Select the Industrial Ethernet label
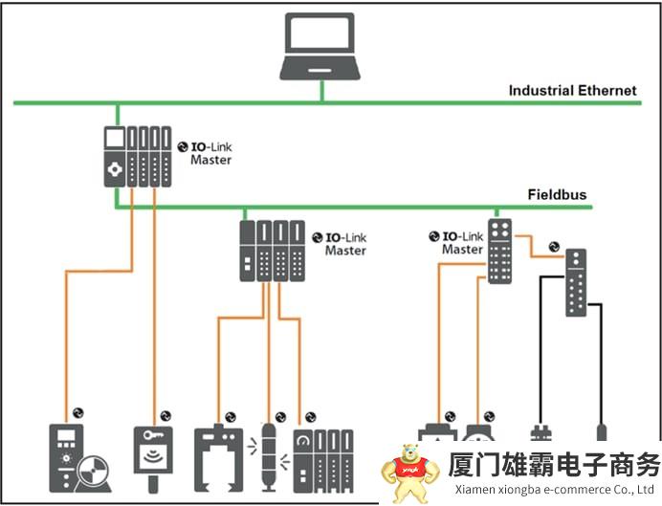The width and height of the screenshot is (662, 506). click(x=572, y=91)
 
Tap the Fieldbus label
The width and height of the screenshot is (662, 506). click(x=557, y=195)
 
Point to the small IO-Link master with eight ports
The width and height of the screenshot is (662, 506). click(x=499, y=251)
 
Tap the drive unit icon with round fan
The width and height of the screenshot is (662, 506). click(x=77, y=460)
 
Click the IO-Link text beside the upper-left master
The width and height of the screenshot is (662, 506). click(x=211, y=146)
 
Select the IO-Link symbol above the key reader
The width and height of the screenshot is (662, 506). click(x=165, y=416)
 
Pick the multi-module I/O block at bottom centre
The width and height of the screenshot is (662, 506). click(x=321, y=460)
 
